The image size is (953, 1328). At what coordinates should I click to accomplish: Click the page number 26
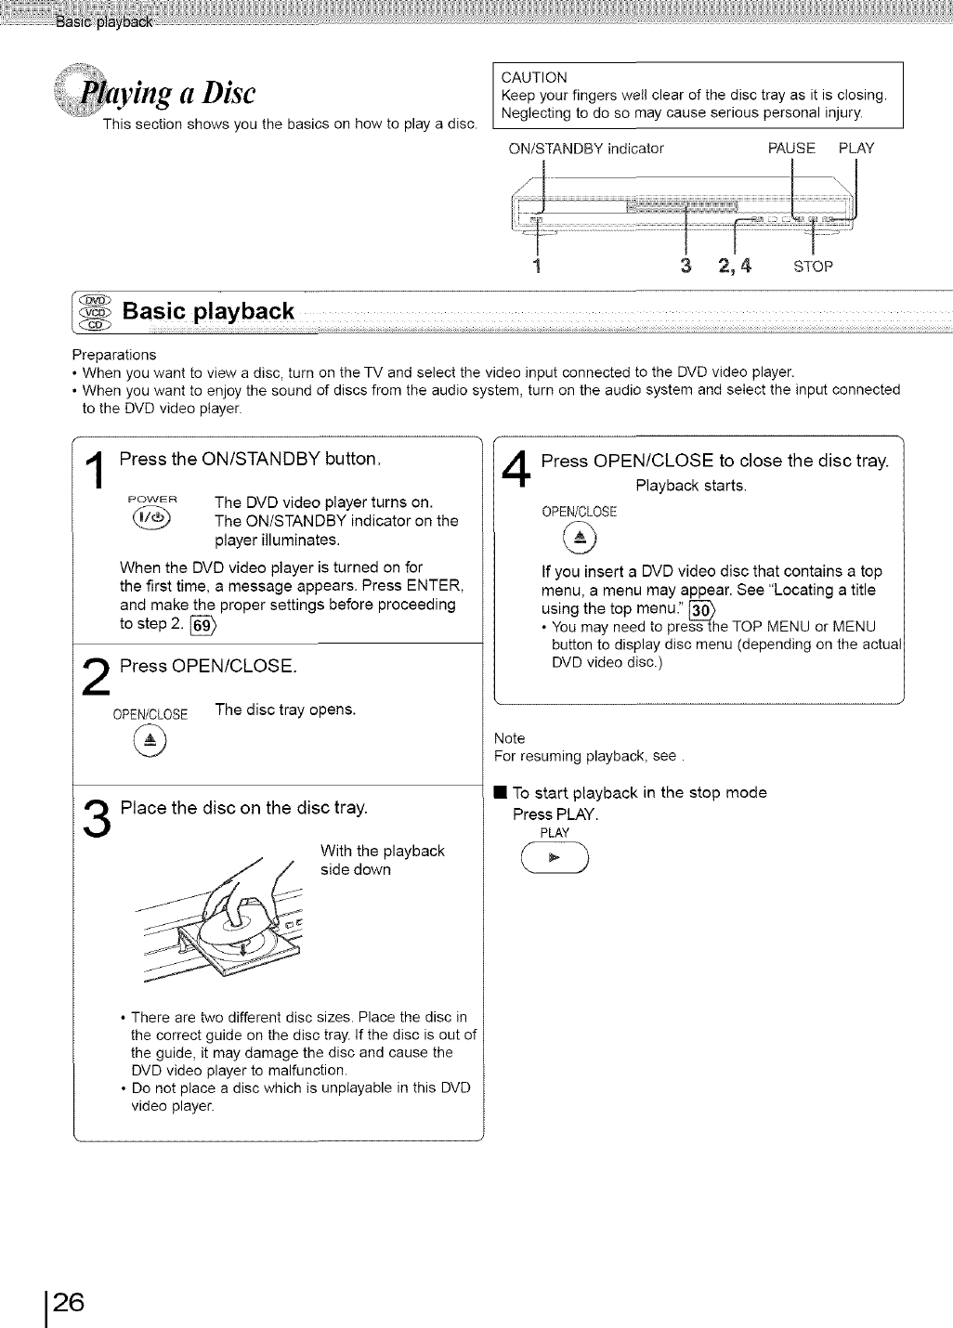tap(68, 1302)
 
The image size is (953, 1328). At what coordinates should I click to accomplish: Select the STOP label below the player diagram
tap(813, 267)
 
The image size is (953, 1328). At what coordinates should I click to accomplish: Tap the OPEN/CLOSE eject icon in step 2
tap(150, 739)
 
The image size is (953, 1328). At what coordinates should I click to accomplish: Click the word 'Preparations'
tap(114, 355)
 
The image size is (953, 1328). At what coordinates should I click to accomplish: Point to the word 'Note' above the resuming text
tap(509, 738)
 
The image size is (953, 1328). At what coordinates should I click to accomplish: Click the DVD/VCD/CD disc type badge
tap(96, 311)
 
